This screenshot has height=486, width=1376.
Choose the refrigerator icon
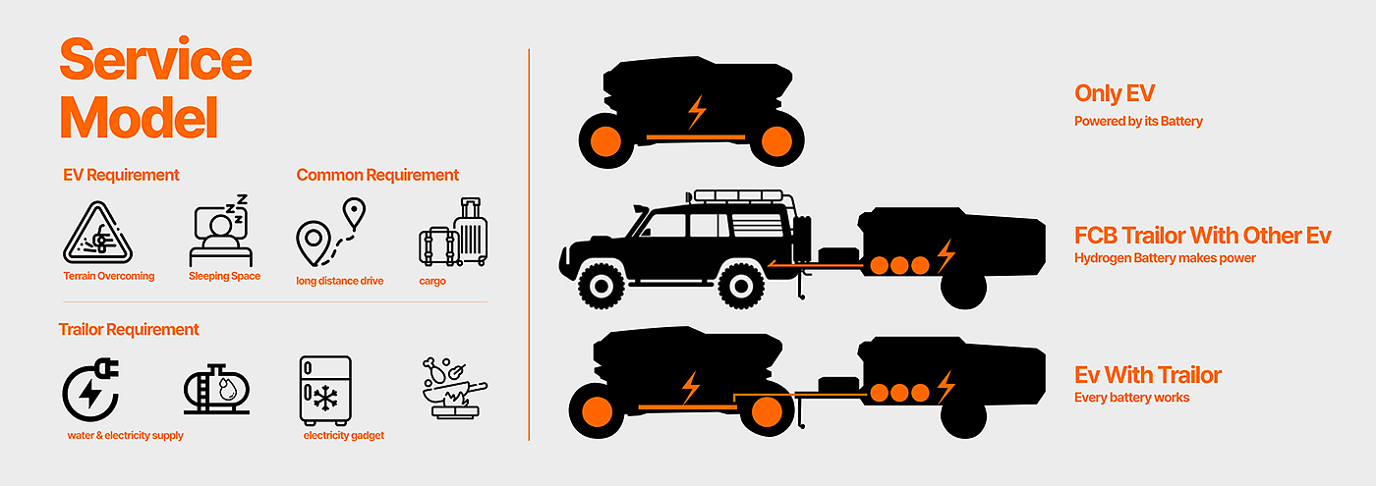(x=324, y=389)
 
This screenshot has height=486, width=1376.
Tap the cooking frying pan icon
(x=451, y=388)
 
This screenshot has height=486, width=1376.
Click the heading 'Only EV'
(x=1114, y=94)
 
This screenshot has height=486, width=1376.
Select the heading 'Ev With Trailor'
(x=1148, y=375)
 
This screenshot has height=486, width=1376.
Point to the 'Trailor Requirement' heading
(x=129, y=329)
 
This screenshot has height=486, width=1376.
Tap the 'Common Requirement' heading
(x=377, y=175)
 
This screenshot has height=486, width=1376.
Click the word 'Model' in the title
(x=139, y=117)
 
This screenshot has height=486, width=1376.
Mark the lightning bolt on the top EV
(x=696, y=111)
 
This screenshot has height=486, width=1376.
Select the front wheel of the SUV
(x=602, y=286)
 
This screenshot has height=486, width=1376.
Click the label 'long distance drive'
(x=340, y=281)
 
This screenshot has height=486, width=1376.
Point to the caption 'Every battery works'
(x=1131, y=398)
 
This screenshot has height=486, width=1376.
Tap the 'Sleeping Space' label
(x=224, y=276)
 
